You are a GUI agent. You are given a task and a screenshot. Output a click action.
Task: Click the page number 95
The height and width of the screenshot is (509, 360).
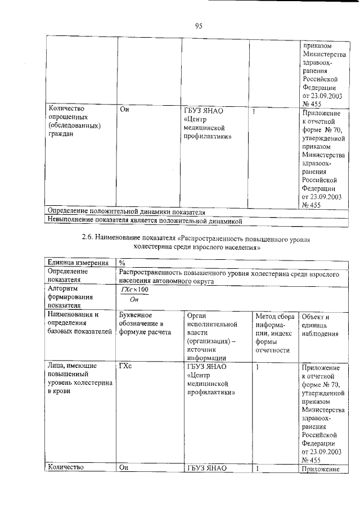tap(199, 25)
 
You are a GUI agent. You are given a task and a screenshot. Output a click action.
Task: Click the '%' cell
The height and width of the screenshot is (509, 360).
tap(122, 263)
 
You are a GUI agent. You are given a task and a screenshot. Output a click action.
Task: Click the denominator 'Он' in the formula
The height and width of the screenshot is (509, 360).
tap(133, 299)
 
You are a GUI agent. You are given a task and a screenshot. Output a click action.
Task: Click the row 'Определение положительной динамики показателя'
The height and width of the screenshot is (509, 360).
tap(127, 212)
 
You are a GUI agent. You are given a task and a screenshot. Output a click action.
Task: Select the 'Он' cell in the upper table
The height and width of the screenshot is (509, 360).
tap(125, 110)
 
